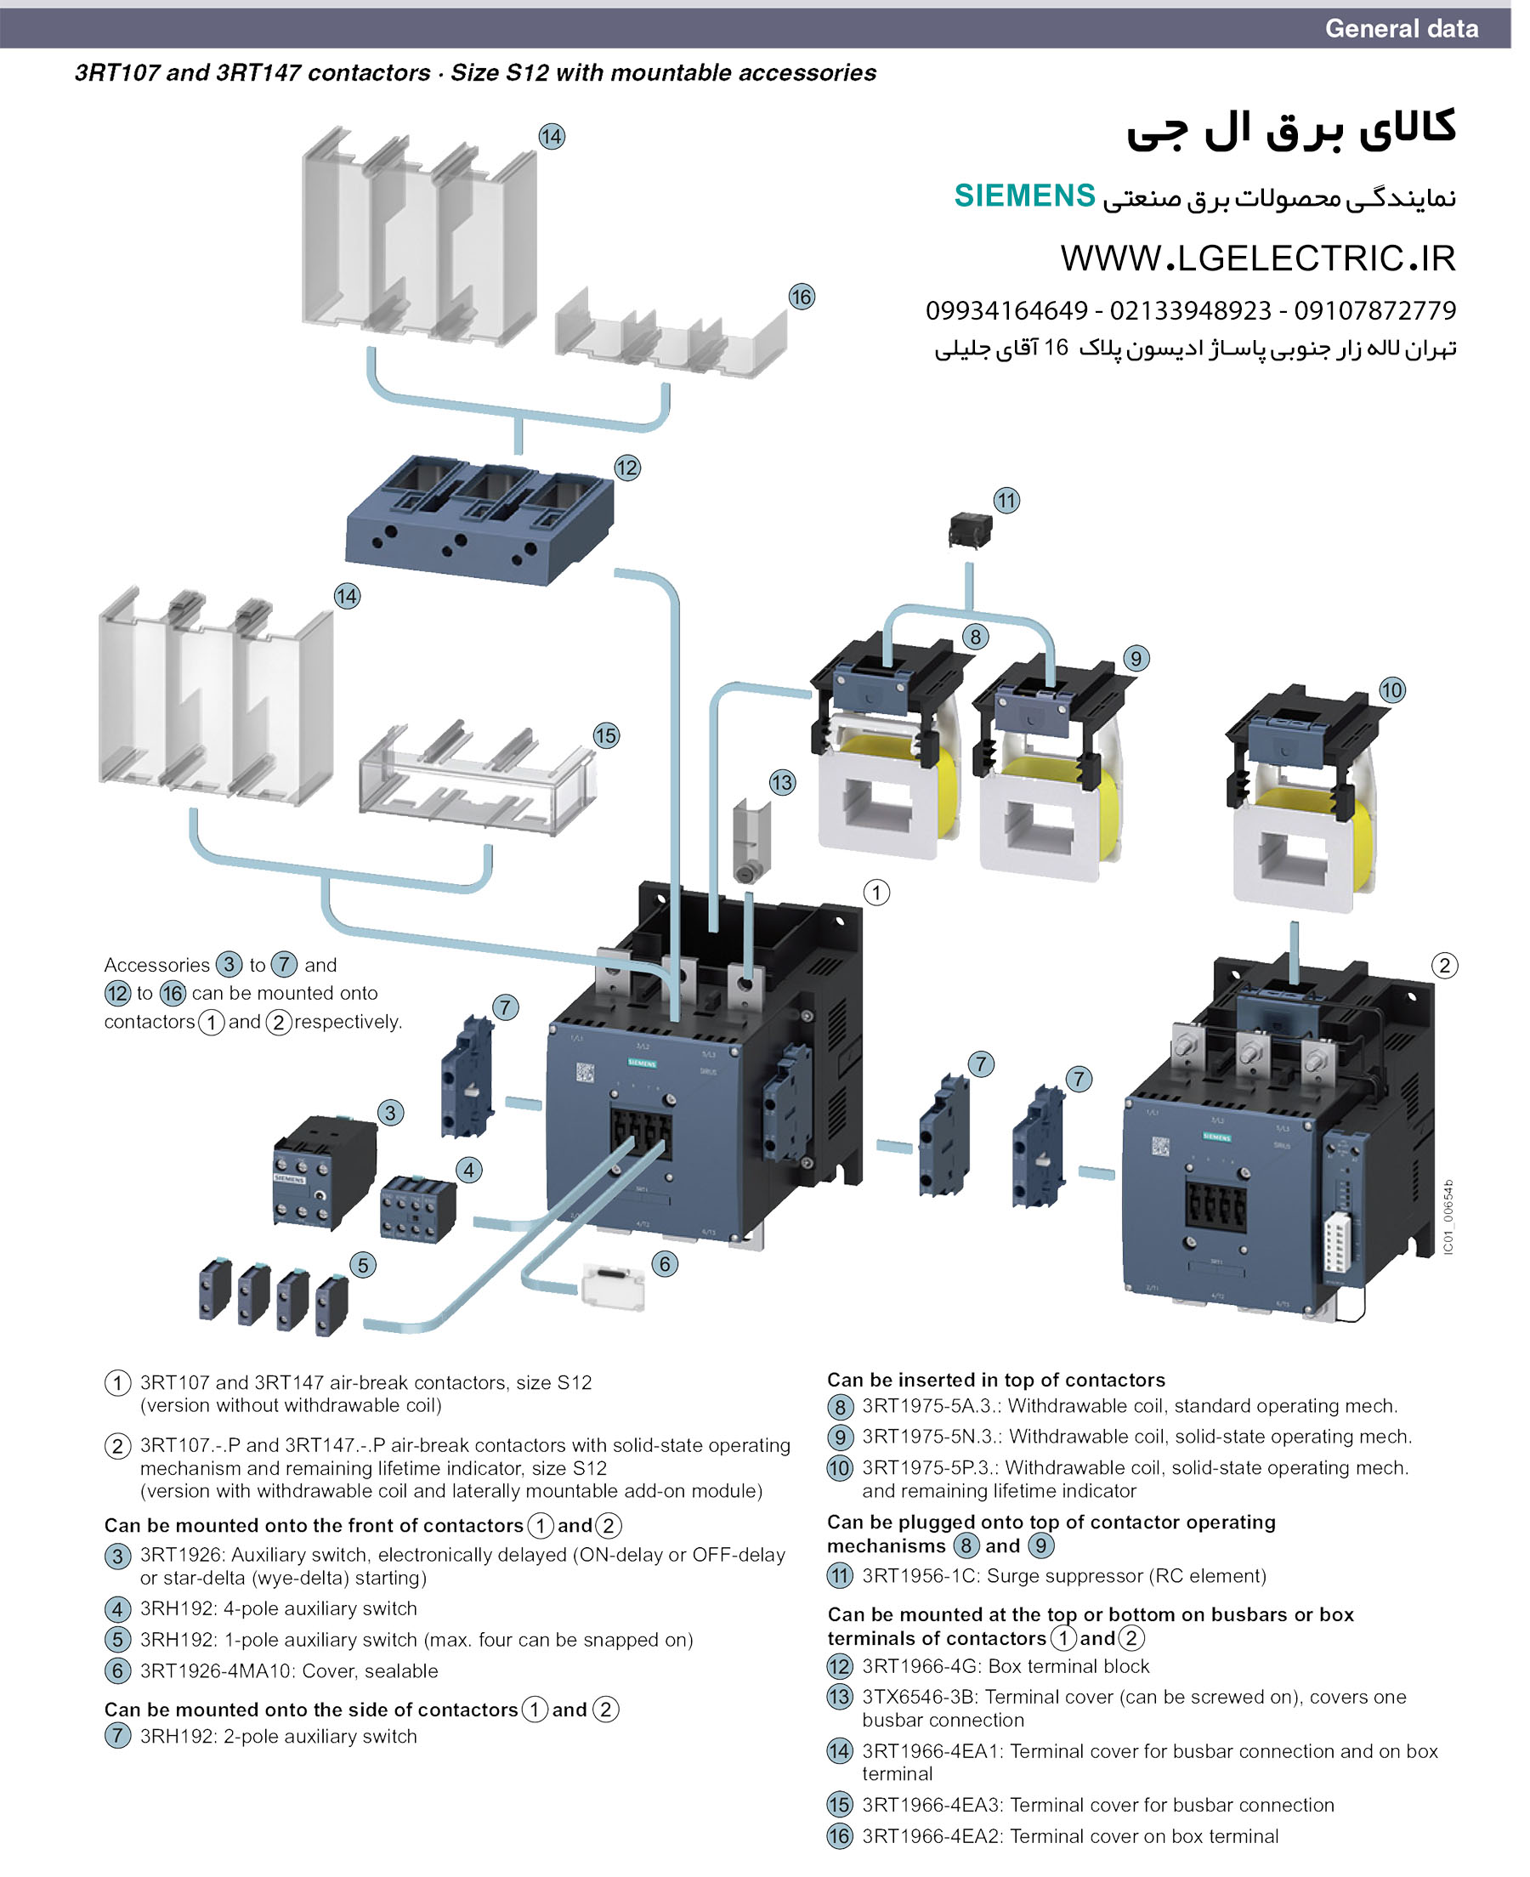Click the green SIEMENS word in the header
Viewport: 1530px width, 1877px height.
pyautogui.click(x=1024, y=196)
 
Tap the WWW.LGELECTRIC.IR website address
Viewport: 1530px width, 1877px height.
pyautogui.click(x=1258, y=258)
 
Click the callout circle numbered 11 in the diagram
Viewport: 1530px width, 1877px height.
pyautogui.click(x=1006, y=501)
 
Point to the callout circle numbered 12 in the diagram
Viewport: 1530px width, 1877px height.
pyautogui.click(x=626, y=468)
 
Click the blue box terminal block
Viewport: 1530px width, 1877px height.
pyautogui.click(x=479, y=520)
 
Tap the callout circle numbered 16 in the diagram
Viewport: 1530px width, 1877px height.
pyautogui.click(x=802, y=297)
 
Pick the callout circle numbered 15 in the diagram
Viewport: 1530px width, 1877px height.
pyautogui.click(x=605, y=735)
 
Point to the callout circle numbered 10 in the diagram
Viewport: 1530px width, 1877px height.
pyautogui.click(x=1391, y=690)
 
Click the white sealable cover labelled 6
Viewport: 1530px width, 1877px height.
pyautogui.click(x=614, y=1289)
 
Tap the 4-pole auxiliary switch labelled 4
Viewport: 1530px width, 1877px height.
pyautogui.click(x=417, y=1209)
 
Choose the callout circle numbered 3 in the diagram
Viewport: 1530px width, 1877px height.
pyautogui.click(x=390, y=1112)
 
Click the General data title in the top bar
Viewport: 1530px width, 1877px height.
pyautogui.click(x=1402, y=28)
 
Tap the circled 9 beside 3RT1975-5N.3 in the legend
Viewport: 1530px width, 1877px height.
pyautogui.click(x=840, y=1438)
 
